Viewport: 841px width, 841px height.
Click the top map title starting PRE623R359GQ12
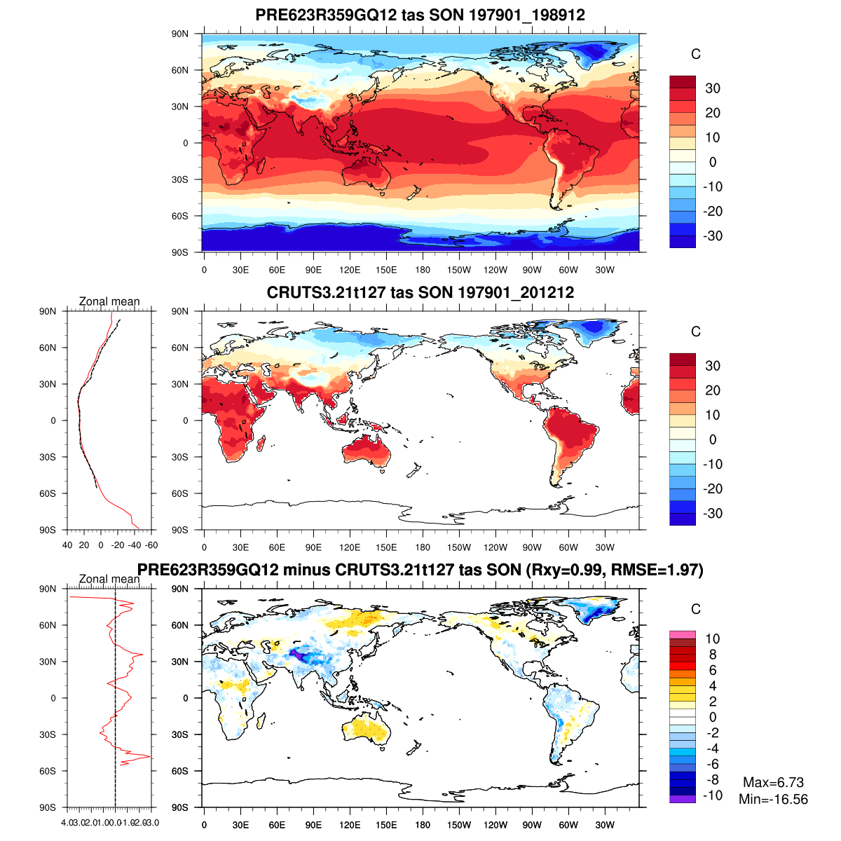point(420,15)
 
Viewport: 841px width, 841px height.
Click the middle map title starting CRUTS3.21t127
point(420,292)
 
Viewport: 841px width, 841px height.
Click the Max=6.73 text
point(773,782)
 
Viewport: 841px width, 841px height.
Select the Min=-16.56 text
point(773,799)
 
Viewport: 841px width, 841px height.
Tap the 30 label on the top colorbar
point(713,88)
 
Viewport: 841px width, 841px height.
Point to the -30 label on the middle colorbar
point(713,513)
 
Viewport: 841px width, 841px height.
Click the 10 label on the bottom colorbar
point(712,638)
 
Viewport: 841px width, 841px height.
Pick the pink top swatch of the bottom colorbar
point(683,634)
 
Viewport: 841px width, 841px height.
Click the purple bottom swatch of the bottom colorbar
point(683,799)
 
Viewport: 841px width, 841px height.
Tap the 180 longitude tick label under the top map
point(423,271)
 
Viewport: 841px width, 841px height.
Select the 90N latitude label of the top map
point(181,34)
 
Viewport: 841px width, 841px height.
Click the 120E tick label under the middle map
point(350,548)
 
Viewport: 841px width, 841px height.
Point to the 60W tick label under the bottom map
point(568,826)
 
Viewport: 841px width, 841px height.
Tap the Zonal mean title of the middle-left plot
point(109,301)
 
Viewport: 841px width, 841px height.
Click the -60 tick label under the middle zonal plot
point(151,545)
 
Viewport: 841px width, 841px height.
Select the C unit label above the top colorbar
point(695,55)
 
